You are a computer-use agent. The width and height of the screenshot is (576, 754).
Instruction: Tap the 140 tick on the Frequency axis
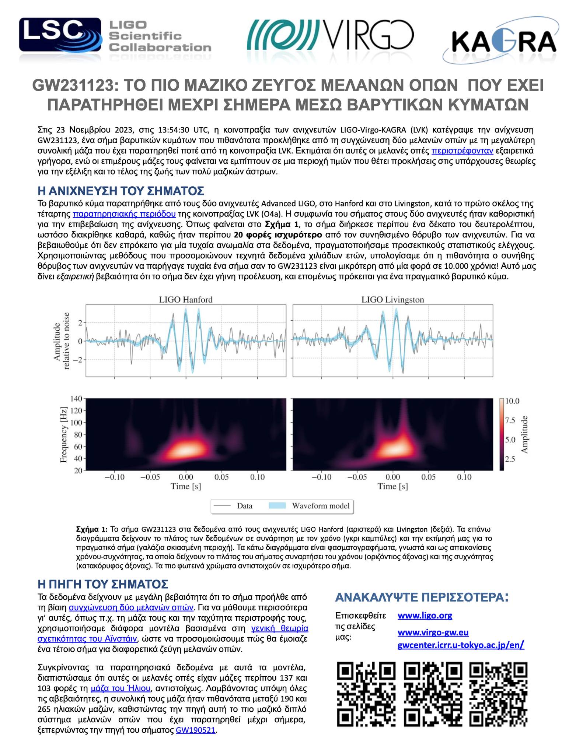[75, 398]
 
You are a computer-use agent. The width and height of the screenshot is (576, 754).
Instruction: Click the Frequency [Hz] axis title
[64, 435]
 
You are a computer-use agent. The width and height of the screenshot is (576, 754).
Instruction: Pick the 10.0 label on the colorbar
[511, 401]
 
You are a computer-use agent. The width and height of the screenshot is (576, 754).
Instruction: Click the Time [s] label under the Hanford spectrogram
[186, 486]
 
